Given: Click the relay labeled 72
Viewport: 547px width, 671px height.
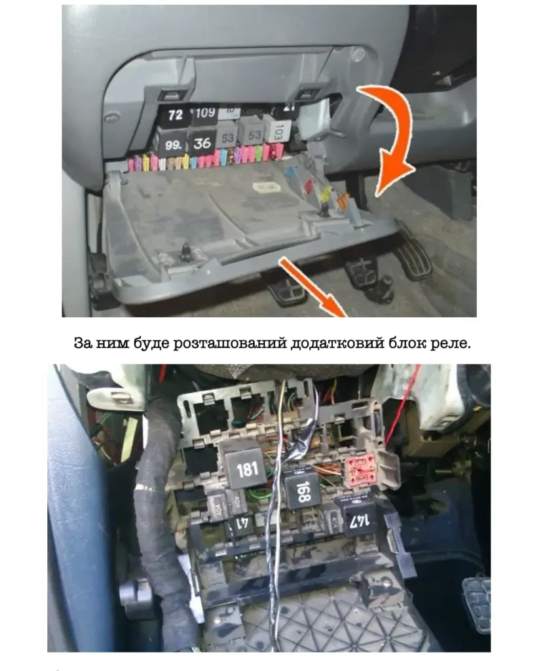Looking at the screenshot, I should click(175, 116).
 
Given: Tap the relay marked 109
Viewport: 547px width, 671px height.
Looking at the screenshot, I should click(204, 113).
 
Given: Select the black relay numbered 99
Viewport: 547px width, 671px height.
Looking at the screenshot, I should click(174, 145).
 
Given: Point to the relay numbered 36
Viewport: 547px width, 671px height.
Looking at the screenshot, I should click(203, 142).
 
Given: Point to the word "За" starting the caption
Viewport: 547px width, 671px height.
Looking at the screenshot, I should click(83, 343).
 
